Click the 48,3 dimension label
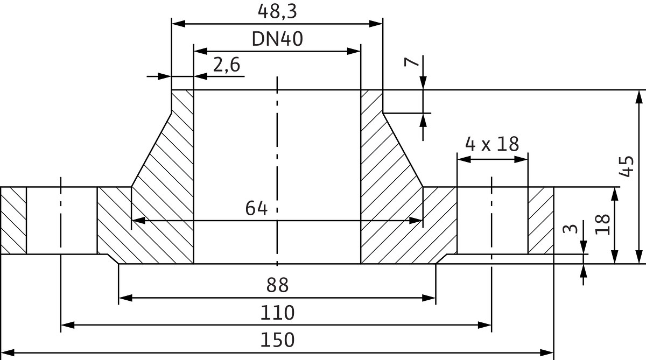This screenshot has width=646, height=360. (x=277, y=11)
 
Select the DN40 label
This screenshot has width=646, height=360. (x=277, y=39)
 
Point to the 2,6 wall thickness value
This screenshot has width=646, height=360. (x=226, y=66)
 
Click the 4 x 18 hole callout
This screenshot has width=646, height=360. (x=491, y=144)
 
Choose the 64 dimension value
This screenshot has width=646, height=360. (x=256, y=208)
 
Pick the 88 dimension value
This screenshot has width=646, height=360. (x=277, y=285)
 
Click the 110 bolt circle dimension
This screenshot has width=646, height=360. (x=277, y=313)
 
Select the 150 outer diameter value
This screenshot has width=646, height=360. (x=277, y=341)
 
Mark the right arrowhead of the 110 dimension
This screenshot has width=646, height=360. (x=486, y=325)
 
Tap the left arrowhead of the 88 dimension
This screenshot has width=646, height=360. (x=124, y=298)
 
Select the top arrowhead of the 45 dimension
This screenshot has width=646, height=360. (x=638, y=96)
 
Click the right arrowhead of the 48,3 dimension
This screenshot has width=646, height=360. (x=377, y=24)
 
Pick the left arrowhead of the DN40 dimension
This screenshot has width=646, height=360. (x=199, y=51)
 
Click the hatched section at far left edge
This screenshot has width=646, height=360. (x=13, y=221)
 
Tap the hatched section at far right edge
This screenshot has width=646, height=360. (x=540, y=221)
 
